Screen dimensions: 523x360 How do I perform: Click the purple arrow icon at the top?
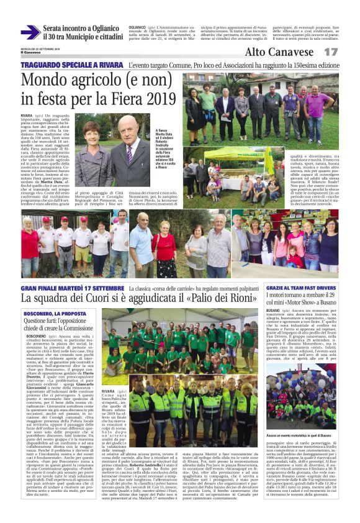tap(30, 32)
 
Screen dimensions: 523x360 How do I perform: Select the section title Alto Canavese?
tap(279, 52)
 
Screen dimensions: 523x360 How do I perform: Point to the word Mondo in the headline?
tap(46, 80)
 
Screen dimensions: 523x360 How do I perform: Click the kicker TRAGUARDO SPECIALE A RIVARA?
tap(70, 65)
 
